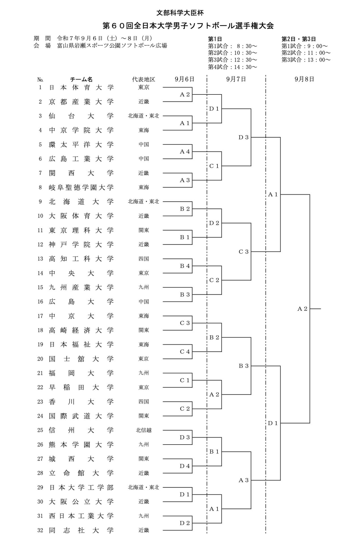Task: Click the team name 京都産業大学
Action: click(x=81, y=102)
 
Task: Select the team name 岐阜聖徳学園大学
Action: click(x=81, y=188)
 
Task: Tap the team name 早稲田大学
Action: click(x=81, y=387)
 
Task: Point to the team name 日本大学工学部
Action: click(x=81, y=488)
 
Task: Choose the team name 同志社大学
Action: click(x=81, y=530)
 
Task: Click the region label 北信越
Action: click(x=144, y=430)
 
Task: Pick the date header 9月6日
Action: click(x=184, y=79)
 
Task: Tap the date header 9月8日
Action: click(x=304, y=79)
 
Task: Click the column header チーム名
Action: click(x=81, y=80)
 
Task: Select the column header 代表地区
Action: click(x=144, y=80)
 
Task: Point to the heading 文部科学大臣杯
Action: click(x=180, y=13)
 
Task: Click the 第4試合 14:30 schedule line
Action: click(x=232, y=67)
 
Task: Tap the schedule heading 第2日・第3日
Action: click(x=298, y=39)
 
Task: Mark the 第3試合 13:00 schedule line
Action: click(x=306, y=60)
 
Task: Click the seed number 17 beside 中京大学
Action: click(x=40, y=316)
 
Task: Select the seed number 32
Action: click(x=40, y=530)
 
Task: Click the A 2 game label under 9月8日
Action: click(x=302, y=309)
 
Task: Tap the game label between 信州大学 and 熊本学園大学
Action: click(x=185, y=438)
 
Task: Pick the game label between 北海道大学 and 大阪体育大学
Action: click(x=185, y=209)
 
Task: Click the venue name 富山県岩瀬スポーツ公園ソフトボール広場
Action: click(x=112, y=46)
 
